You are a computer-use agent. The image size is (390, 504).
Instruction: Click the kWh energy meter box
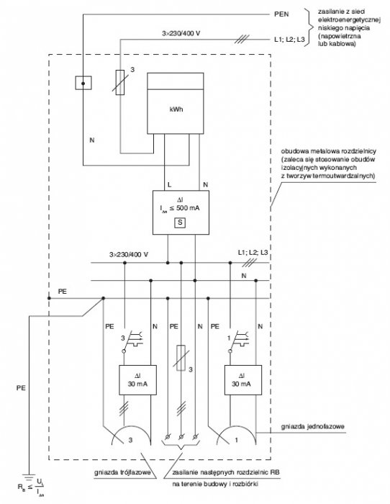point(175,103)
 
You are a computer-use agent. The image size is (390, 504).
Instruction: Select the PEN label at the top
point(281,14)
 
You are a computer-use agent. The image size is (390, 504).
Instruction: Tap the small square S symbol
point(180,222)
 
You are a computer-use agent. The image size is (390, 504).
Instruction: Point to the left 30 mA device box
point(138,380)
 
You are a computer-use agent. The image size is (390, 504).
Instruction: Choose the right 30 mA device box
point(243,380)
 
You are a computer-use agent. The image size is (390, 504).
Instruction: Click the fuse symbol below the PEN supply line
point(120,82)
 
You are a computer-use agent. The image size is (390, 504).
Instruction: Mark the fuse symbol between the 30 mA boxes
point(181,358)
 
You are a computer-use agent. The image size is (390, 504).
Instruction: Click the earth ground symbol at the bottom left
point(30,477)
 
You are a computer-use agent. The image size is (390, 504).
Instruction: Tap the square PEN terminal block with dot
point(83,83)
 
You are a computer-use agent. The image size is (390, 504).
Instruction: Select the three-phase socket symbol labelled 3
point(131,435)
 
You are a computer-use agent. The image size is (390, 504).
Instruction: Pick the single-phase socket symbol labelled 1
point(236,435)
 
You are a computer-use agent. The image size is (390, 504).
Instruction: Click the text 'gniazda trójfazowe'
point(122,472)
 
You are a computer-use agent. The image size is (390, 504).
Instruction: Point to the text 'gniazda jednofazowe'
point(312,426)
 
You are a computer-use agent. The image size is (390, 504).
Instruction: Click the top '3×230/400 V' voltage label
point(181,33)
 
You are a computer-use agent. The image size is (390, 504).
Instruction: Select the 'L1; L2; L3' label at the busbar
point(253,253)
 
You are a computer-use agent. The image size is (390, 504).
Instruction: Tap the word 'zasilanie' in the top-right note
point(331,12)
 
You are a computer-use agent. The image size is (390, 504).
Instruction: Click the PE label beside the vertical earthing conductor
point(21,388)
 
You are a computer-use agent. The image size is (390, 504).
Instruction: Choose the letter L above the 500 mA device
point(170,185)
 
